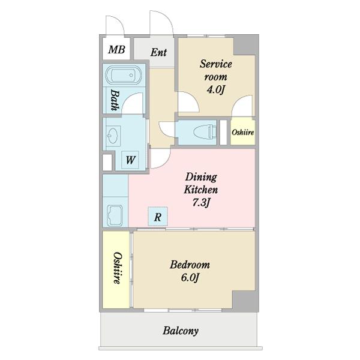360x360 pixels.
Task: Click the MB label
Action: (x=116, y=49)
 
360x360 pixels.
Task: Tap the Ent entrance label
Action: (x=158, y=52)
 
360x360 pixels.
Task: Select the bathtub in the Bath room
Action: (x=124, y=75)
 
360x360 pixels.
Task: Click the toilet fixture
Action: (x=205, y=132)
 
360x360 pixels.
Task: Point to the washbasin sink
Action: (x=113, y=136)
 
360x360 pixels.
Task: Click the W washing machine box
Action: (x=130, y=160)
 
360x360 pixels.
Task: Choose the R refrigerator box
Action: (x=158, y=216)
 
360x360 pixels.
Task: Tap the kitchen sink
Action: (x=115, y=215)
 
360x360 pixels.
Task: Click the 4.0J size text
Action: (x=215, y=89)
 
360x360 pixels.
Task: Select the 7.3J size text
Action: (x=201, y=203)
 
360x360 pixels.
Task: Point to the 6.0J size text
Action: (x=190, y=278)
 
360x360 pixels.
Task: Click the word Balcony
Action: (x=181, y=331)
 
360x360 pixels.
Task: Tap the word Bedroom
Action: (x=190, y=265)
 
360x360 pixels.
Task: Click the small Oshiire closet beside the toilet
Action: (x=243, y=131)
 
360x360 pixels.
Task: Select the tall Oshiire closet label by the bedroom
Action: (x=117, y=268)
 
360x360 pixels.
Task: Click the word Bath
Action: (x=115, y=100)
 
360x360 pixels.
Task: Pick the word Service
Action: (x=215, y=64)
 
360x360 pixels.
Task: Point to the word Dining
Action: (x=201, y=177)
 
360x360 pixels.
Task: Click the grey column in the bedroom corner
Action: (x=245, y=301)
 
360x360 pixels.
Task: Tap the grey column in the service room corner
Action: (x=245, y=45)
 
